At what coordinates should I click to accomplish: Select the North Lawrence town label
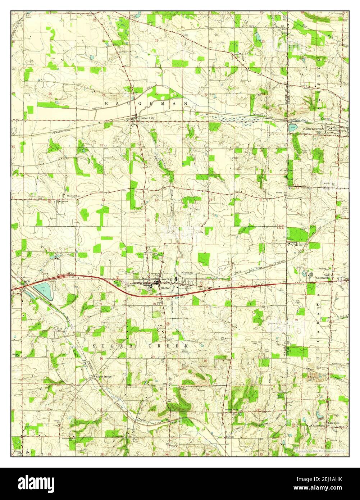(x=314, y=129)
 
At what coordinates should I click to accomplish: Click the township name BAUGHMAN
(x=146, y=103)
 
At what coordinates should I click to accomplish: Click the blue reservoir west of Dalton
(x=44, y=291)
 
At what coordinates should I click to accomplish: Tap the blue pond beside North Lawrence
(x=293, y=128)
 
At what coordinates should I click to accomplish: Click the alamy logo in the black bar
(x=37, y=483)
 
